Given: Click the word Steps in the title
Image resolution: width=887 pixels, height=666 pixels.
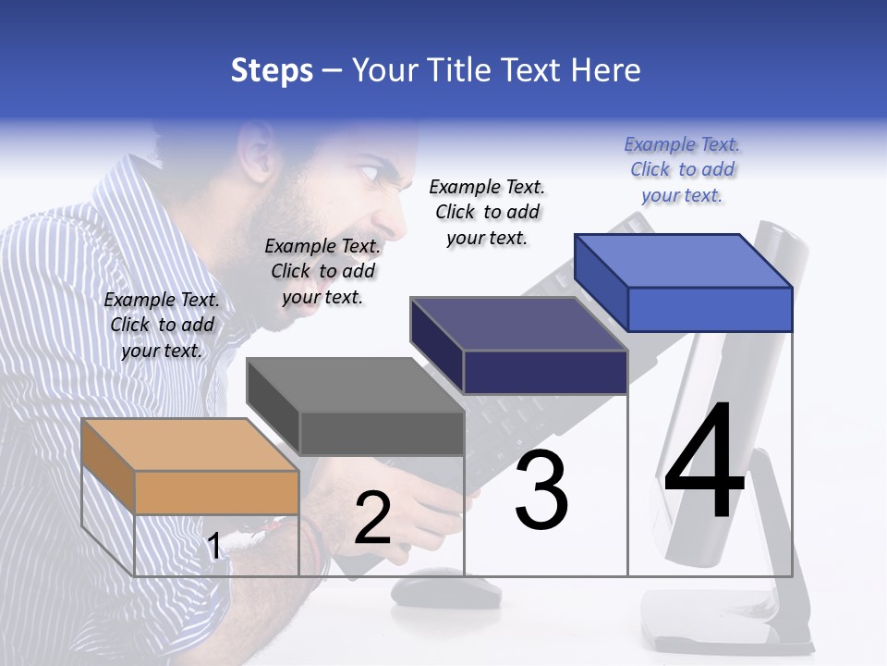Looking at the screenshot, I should [x=272, y=70].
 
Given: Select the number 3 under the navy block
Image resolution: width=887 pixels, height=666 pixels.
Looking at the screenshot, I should [x=541, y=490].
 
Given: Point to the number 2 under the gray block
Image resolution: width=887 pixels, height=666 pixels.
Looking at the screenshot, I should [x=372, y=519].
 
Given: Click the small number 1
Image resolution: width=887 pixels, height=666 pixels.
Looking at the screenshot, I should [x=214, y=546].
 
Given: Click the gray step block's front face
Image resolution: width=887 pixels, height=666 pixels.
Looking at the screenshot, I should [x=382, y=433].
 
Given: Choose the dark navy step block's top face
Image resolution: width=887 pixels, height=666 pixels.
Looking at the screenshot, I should [x=517, y=324].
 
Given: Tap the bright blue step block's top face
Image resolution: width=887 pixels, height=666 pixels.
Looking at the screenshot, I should [x=684, y=261].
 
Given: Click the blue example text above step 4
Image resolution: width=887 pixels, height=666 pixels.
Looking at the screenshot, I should [x=682, y=169].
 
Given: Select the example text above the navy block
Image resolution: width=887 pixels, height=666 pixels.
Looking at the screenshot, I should [x=487, y=212].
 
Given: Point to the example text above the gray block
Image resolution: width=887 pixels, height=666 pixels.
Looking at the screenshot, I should [x=322, y=271].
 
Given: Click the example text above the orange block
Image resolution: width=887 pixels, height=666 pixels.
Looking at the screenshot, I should [x=162, y=325].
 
